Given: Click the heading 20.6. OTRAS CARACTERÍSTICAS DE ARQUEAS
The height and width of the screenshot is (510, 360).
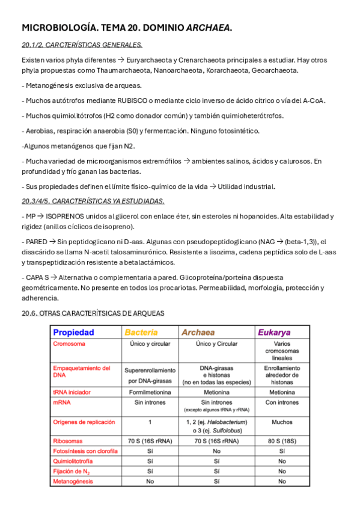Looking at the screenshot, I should coord(93,313).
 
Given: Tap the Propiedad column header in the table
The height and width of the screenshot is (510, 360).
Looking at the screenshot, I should coord(74,332).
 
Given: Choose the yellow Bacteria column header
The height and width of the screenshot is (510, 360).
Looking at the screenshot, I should coord(141,332).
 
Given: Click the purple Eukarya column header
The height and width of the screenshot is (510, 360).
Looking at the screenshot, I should coord(274,332).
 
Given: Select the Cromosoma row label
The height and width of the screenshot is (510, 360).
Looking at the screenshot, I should coord(69,344).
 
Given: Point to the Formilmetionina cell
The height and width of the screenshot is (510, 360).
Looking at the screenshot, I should coord(150,391).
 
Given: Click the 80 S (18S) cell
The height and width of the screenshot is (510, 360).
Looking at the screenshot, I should coord(282,441).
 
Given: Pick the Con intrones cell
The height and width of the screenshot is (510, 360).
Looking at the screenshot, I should coord(282,402).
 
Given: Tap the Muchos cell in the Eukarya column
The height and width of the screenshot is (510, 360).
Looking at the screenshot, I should coord(282,422).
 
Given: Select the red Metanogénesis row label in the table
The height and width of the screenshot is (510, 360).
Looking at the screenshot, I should coord(73,482).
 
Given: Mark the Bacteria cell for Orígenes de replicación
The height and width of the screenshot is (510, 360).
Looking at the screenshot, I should coord(150,422).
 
